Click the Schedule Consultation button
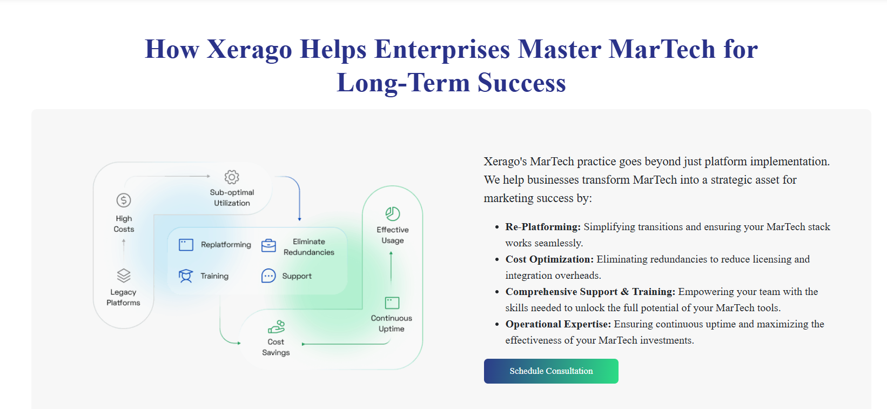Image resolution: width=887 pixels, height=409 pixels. point(551,371)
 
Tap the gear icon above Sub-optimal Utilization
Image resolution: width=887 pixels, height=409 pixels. point(232,177)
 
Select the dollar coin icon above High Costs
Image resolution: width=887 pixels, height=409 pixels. point(124,200)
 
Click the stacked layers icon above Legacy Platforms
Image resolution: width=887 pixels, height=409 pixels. point(124,276)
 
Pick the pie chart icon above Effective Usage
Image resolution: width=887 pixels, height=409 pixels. point(392,214)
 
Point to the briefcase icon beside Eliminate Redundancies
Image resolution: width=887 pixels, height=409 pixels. point(268,245)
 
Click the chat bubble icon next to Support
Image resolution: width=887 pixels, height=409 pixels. point(268,276)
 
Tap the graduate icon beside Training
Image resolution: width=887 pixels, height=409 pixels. point(186,276)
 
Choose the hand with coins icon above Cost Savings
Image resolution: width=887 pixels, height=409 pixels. point(276,327)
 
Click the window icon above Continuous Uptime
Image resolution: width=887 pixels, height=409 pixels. point(392,303)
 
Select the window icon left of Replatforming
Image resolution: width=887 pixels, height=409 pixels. point(186,245)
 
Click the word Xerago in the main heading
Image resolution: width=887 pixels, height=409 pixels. point(249,49)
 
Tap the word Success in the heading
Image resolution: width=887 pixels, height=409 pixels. point(521,83)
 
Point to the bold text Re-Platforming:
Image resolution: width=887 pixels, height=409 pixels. point(543,227)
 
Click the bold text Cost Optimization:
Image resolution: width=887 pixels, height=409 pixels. point(549,259)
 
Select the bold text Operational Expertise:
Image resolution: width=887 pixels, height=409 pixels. point(559,324)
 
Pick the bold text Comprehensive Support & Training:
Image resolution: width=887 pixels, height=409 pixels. point(590,292)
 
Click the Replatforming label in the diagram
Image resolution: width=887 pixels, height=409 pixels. point(226,245)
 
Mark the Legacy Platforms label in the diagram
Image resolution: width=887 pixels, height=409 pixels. point(123,297)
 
